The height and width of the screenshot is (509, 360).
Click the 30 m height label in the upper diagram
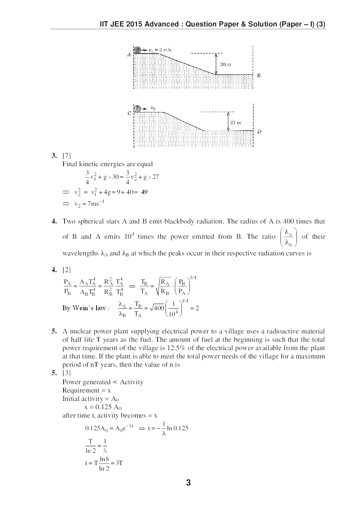[226, 64]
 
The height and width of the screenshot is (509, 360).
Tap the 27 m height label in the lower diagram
[236, 123]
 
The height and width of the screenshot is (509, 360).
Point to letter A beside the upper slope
[129, 55]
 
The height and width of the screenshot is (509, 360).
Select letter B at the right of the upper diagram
[258, 76]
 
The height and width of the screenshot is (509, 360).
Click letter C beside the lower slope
[130, 113]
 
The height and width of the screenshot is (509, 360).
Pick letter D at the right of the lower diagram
[259, 132]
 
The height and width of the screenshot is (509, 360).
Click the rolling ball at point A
[138, 50]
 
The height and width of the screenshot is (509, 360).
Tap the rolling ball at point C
[138, 108]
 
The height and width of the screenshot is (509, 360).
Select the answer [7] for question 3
[66, 156]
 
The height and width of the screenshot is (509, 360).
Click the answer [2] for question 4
[66, 270]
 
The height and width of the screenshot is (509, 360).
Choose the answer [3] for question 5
[66, 373]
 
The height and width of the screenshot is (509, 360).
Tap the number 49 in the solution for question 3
[144, 192]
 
